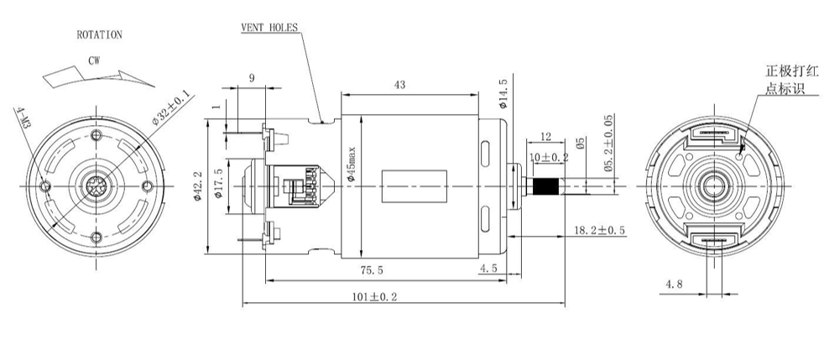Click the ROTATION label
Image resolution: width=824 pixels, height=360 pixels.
click(99, 35)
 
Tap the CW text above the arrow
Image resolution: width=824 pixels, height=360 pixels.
click(94, 61)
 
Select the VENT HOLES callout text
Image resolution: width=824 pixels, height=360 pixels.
click(269, 28)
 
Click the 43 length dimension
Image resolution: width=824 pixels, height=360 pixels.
click(400, 85)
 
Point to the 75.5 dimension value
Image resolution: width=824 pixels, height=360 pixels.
click(372, 271)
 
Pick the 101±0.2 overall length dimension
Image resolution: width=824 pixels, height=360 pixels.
click(375, 297)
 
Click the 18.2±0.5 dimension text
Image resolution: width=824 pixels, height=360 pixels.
click(599, 230)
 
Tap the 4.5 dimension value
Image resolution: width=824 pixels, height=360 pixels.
click(488, 269)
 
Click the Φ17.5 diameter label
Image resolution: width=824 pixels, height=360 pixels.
click(219, 182)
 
